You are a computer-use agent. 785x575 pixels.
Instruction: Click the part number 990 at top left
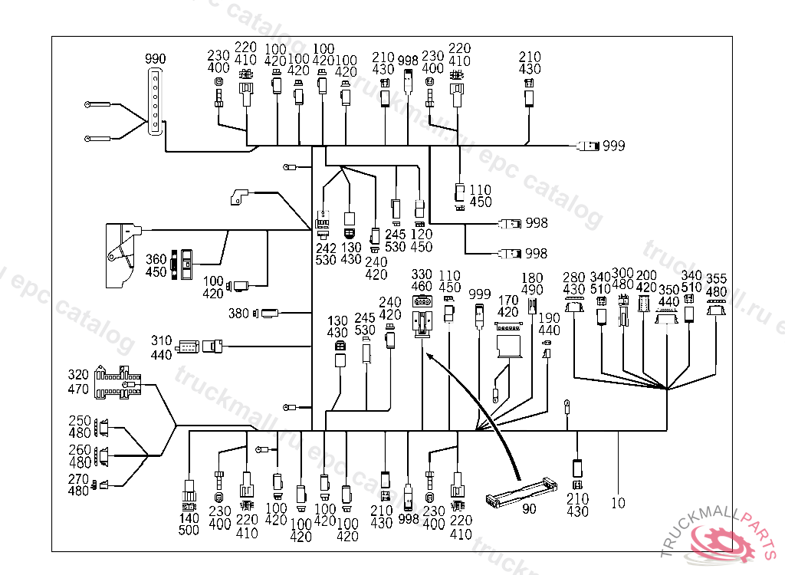click(x=156, y=59)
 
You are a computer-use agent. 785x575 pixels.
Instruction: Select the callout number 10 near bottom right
click(x=619, y=504)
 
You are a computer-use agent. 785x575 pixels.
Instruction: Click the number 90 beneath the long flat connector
click(x=529, y=508)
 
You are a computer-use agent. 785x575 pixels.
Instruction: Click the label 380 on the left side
click(x=239, y=313)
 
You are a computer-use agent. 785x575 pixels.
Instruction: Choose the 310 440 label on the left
click(x=161, y=347)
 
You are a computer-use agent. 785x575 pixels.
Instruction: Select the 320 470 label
click(x=79, y=383)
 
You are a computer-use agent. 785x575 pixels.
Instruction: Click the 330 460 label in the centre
click(x=422, y=281)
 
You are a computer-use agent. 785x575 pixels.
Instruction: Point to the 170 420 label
click(x=507, y=306)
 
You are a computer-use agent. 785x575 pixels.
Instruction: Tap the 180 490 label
click(x=532, y=284)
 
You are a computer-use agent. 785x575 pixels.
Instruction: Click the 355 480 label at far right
click(x=716, y=285)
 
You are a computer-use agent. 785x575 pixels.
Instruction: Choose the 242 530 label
click(x=326, y=254)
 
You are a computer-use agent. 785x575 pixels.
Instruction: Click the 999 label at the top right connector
click(x=613, y=146)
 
